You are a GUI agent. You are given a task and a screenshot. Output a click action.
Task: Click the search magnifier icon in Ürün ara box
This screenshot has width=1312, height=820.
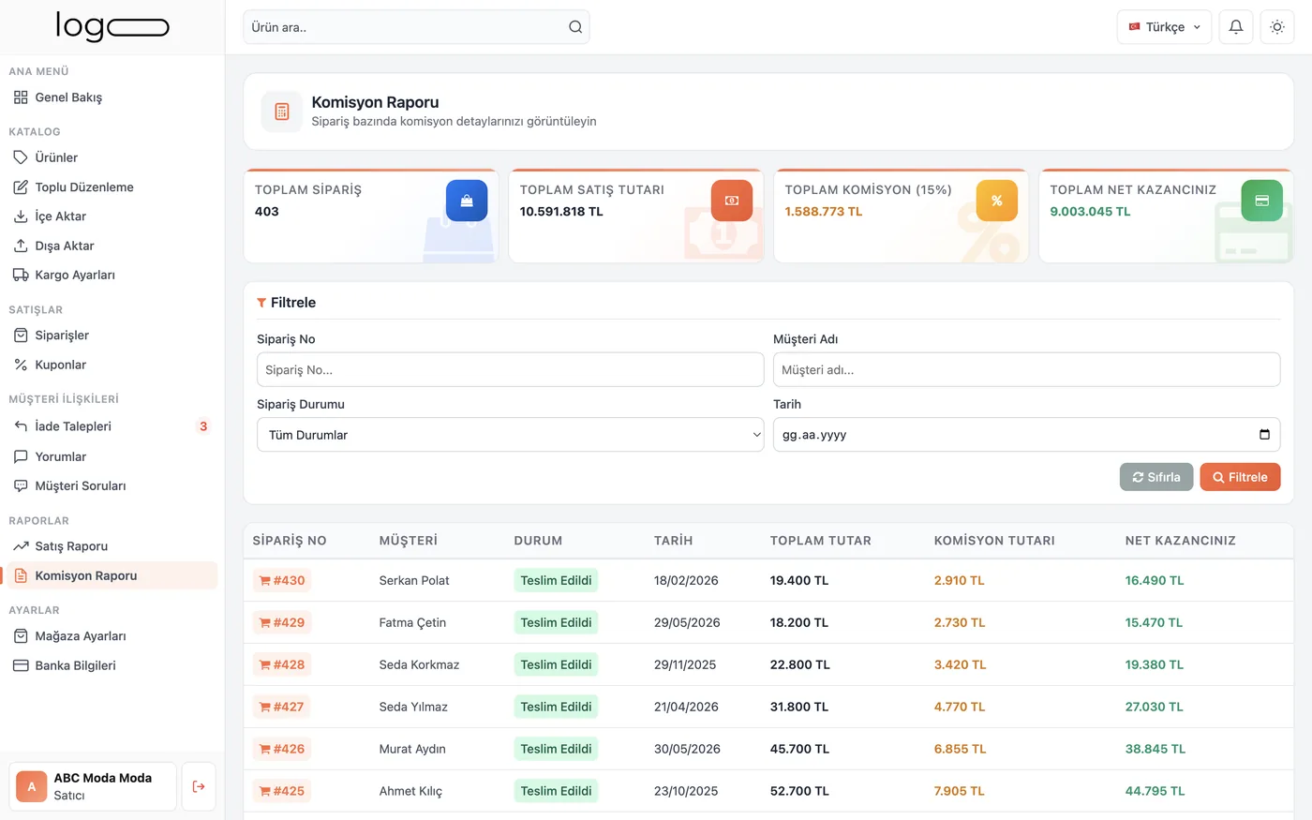pyautogui.click(x=575, y=27)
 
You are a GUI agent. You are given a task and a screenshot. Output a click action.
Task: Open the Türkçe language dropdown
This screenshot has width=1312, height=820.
pyautogui.click(x=1164, y=27)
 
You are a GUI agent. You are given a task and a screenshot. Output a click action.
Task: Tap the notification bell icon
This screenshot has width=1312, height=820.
pyautogui.click(x=1236, y=27)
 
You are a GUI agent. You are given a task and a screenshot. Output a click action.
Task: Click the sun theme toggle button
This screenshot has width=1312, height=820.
pyautogui.click(x=1276, y=27)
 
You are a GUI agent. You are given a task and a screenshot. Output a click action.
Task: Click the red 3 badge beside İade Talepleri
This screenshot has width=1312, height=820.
pyautogui.click(x=203, y=425)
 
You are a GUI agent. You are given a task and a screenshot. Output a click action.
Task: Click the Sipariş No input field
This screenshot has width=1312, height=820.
pyautogui.click(x=510, y=369)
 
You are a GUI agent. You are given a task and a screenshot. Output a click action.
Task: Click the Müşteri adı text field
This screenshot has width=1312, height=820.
pyautogui.click(x=1026, y=369)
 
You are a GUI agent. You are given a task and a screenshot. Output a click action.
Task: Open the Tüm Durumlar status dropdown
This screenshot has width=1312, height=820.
pyautogui.click(x=510, y=435)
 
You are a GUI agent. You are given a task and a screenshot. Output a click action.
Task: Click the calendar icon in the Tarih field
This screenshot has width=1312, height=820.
pyautogui.click(x=1264, y=434)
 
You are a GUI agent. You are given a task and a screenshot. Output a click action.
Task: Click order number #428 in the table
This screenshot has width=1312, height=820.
pyautogui.click(x=282, y=664)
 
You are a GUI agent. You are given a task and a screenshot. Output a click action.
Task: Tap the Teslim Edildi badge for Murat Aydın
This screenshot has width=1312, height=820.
pyautogui.click(x=556, y=749)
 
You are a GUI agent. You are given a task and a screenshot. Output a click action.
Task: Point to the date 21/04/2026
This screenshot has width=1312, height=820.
pyautogui.click(x=686, y=707)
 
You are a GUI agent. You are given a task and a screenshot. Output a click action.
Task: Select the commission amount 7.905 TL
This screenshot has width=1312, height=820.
pyautogui.click(x=959, y=791)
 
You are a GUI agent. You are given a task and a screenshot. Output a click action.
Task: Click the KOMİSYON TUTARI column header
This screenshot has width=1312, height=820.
pyautogui.click(x=994, y=541)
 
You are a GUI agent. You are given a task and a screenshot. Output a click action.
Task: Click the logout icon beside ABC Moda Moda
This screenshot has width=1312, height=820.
pyautogui.click(x=199, y=786)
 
